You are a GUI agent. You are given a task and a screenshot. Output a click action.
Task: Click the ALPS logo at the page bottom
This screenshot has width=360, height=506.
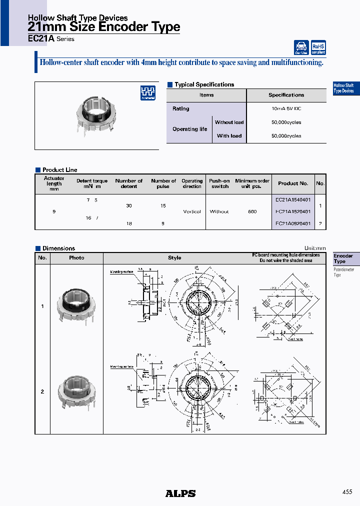tap(180, 493)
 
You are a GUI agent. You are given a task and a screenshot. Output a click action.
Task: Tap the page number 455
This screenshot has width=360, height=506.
tap(348, 492)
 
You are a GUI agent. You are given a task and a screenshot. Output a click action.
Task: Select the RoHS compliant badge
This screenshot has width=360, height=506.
tap(318, 47)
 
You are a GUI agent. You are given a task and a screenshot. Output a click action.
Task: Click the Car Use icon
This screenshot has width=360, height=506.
tap(301, 47)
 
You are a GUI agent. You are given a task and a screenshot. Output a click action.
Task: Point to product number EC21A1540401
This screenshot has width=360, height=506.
tap(293, 199)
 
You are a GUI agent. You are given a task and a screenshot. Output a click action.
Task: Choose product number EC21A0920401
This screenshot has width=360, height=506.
tap(293, 223)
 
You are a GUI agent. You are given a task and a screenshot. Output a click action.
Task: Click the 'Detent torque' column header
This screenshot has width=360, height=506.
tap(92, 183)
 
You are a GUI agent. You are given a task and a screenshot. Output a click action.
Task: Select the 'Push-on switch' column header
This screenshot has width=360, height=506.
tap(219, 183)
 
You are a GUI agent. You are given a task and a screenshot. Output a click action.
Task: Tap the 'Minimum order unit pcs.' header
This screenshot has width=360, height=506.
tap(252, 183)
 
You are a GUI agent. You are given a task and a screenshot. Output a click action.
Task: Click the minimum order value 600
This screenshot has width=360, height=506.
tap(252, 211)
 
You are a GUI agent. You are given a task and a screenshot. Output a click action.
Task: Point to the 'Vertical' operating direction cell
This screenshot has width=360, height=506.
tap(192, 211)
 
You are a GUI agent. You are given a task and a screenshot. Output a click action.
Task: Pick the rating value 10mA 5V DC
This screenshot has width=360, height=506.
tap(286, 108)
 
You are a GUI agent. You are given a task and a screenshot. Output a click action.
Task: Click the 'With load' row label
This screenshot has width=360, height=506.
tap(229, 135)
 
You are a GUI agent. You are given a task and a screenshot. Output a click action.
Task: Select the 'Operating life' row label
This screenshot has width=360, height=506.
tap(189, 129)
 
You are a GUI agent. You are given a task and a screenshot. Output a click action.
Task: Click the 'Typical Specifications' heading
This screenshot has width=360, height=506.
tap(204, 84)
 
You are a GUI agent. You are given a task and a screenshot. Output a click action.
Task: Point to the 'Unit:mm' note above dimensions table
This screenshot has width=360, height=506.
tap(315, 248)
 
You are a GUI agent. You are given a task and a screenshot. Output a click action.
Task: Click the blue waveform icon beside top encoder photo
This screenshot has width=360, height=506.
tap(147, 93)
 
